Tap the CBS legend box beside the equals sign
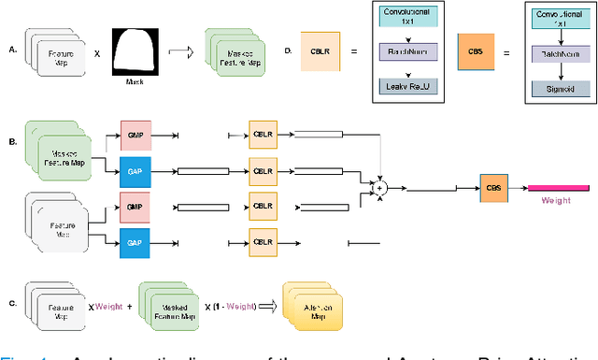(x=475, y=48)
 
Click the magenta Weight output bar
(x=555, y=187)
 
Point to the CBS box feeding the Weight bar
(x=494, y=187)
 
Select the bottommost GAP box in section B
(x=135, y=242)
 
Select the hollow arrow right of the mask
(x=183, y=52)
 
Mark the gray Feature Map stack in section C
(x=54, y=310)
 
